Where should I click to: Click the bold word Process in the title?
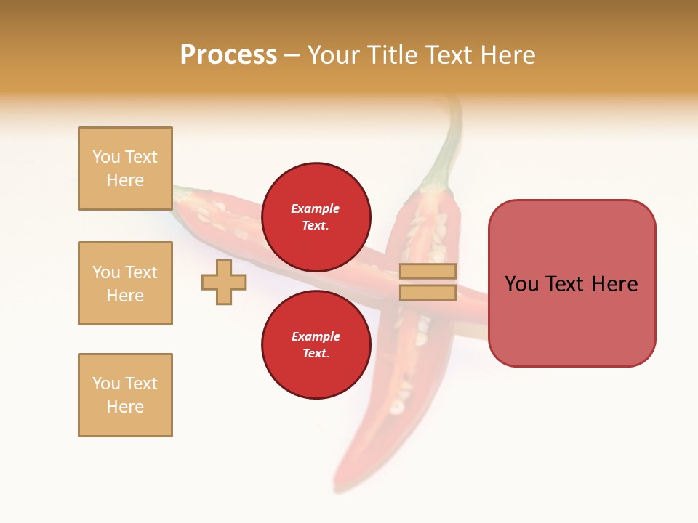(x=228, y=55)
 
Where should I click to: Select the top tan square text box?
(x=125, y=169)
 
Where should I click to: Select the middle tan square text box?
(x=125, y=283)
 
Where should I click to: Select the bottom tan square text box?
(x=125, y=395)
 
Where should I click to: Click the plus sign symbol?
(x=224, y=282)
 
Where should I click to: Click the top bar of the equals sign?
(x=428, y=271)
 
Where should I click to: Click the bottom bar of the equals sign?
(x=428, y=292)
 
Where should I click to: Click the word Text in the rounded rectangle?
(x=564, y=284)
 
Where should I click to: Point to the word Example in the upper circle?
(x=316, y=208)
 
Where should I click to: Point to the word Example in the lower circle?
(x=316, y=336)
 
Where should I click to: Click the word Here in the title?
(x=508, y=55)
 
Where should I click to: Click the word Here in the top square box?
(x=125, y=180)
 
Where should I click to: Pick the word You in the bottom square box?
(x=105, y=384)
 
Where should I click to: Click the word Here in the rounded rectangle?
(x=614, y=284)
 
